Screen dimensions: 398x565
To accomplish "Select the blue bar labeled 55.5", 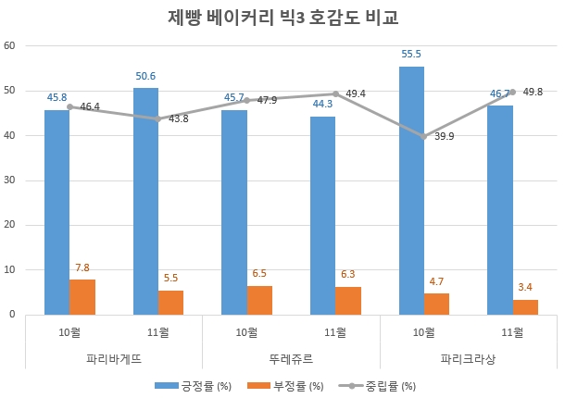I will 411,190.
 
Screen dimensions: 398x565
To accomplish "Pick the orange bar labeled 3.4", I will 525,306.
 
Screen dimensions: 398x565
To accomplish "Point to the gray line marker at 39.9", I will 424,136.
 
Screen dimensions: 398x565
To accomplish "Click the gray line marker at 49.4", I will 335,93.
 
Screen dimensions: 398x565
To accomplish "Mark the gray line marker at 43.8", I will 158,118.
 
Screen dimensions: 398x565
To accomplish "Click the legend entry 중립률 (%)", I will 379,384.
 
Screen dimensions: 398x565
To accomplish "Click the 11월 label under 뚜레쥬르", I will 335,331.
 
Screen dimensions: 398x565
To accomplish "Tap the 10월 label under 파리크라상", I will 424,331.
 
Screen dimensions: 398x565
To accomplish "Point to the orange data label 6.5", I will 259,274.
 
